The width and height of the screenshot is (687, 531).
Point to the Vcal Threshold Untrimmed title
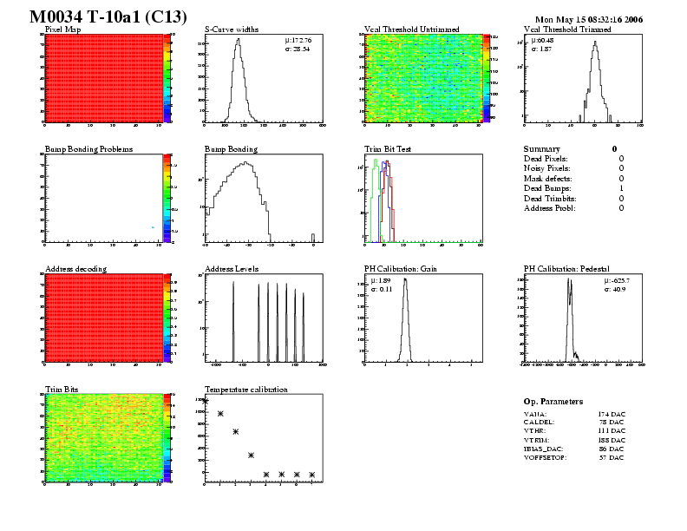click(x=412, y=29)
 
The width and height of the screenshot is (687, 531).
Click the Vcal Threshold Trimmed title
click(x=567, y=29)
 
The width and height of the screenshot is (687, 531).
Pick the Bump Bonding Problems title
click(x=88, y=149)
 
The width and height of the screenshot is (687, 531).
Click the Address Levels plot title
click(x=232, y=269)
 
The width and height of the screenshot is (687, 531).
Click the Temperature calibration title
click(x=245, y=390)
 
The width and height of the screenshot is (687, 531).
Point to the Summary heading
click(x=542, y=149)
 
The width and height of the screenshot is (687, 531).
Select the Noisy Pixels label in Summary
click(x=546, y=168)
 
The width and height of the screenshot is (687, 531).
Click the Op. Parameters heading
click(x=553, y=402)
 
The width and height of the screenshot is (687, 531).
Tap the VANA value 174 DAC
click(x=611, y=416)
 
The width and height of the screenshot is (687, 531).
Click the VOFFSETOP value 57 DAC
click(x=611, y=457)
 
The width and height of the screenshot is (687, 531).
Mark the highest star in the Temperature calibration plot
click(x=206, y=400)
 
